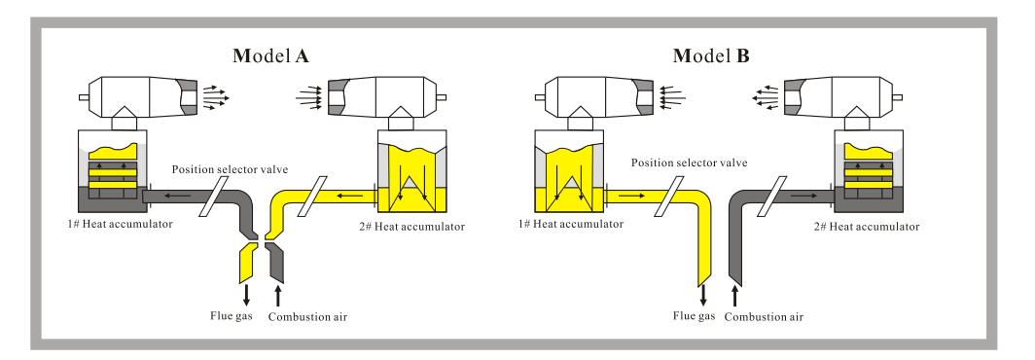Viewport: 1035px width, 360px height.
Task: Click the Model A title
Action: (270, 56)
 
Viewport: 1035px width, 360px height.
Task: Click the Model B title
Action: (711, 56)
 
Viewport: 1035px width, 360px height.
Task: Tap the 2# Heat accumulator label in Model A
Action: (411, 227)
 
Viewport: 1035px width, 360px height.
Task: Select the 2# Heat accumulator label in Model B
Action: (867, 227)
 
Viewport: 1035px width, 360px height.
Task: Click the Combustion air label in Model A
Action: (307, 317)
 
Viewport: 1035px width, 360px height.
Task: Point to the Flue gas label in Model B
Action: (695, 316)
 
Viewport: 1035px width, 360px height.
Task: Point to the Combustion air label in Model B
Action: (764, 317)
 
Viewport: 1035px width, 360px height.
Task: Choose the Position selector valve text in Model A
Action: (231, 169)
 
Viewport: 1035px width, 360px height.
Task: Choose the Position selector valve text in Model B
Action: (689, 162)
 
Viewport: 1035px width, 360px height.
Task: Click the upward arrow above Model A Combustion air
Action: (278, 295)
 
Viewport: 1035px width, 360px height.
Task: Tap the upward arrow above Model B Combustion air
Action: (735, 295)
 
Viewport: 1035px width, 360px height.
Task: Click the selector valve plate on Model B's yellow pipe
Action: (669, 196)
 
